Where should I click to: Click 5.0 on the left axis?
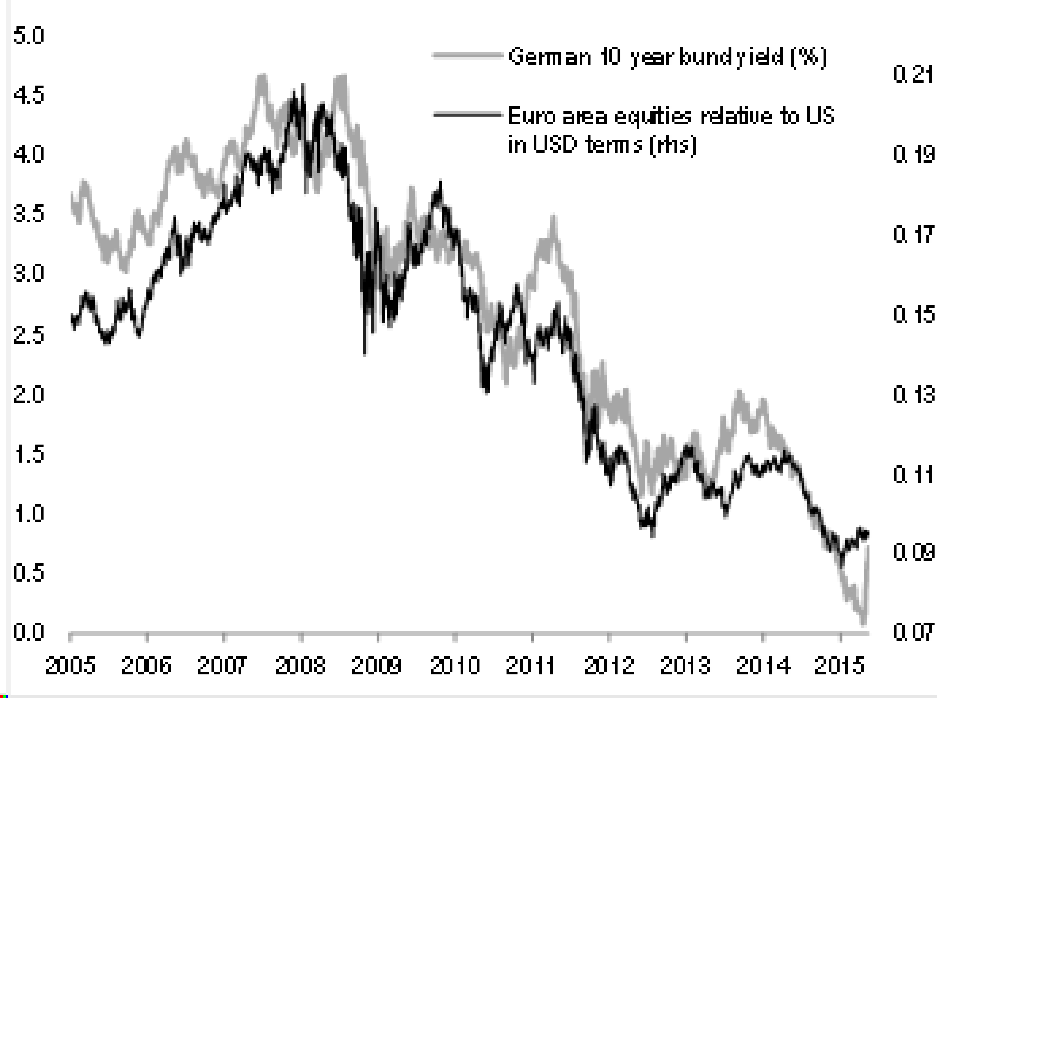click(28, 36)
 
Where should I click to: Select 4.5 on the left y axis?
click(28, 96)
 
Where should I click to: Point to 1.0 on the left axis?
click(28, 513)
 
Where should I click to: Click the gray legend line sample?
click(467, 55)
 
